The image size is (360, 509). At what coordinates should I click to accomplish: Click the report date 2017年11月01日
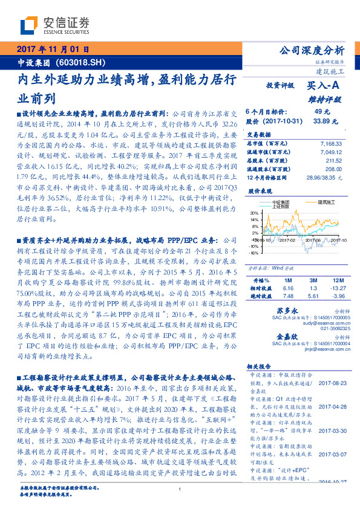coord(53,50)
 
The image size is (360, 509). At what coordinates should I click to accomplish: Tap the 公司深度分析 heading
coord(310,50)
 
